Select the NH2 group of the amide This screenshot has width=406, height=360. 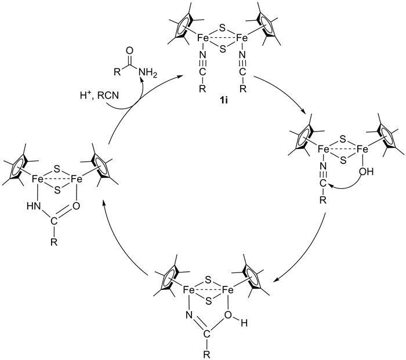(x=148, y=72)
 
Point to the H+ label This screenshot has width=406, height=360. (x=85, y=96)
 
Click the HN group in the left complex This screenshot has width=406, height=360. (x=34, y=206)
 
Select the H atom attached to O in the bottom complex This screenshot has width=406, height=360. (x=244, y=323)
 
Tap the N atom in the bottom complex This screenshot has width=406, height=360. (x=189, y=315)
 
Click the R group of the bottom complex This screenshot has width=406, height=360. (x=206, y=354)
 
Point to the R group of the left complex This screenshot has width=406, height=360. (x=53, y=243)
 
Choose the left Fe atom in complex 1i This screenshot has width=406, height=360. (x=203, y=38)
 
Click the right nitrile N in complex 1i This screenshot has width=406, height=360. (x=242, y=54)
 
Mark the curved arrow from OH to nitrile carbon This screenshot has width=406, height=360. (x=346, y=187)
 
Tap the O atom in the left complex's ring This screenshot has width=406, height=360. (x=76, y=206)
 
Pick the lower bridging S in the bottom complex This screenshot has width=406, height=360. (x=209, y=301)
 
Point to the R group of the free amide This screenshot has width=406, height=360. (x=117, y=72)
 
